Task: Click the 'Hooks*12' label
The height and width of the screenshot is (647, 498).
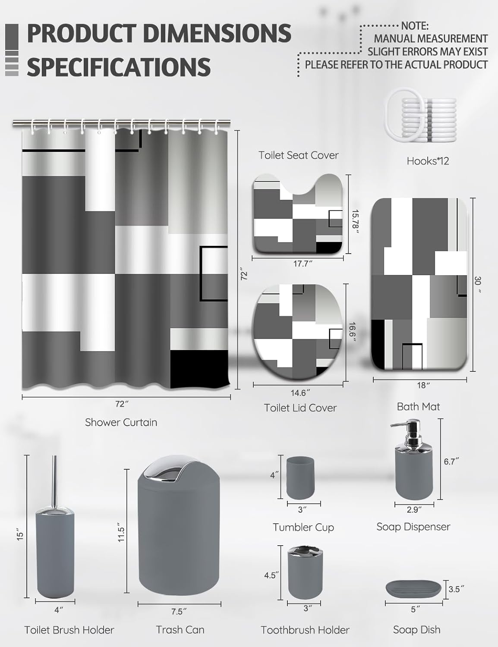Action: click(x=428, y=161)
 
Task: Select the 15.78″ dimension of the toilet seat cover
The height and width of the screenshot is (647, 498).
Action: click(x=355, y=222)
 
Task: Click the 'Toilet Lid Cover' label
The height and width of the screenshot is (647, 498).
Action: click(x=300, y=408)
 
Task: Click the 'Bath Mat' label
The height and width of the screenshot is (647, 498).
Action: click(x=418, y=406)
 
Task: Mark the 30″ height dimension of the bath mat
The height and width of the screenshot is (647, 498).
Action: click(x=477, y=285)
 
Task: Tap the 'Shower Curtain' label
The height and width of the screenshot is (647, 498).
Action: click(x=121, y=422)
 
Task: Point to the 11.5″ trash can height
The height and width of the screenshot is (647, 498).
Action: click(x=121, y=534)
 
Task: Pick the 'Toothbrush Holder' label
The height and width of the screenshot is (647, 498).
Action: click(x=305, y=630)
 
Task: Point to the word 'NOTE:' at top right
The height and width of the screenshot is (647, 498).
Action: click(x=415, y=26)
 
